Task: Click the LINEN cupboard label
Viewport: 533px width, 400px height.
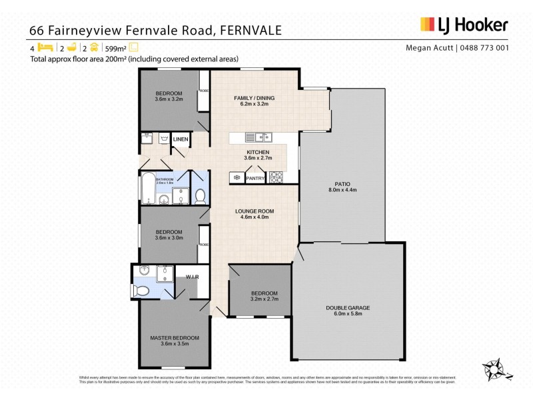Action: [x=181, y=139]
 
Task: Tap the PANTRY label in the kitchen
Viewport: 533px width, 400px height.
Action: [x=256, y=178]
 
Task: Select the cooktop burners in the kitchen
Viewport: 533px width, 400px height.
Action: [x=276, y=177]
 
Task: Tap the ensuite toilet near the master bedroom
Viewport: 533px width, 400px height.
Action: [x=141, y=291]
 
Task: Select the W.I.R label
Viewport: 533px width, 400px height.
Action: [x=193, y=277]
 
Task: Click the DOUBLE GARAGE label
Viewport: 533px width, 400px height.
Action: [x=348, y=307]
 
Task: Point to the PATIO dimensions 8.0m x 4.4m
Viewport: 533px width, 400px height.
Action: [x=342, y=190]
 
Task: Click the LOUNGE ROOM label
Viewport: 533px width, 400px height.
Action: [x=255, y=211]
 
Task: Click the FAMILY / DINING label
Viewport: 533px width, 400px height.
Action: [x=254, y=98]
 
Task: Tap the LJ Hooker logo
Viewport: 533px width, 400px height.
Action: [x=464, y=25]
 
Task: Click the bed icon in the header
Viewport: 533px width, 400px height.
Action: [x=45, y=47]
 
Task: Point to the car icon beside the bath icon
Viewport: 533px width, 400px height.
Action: [x=95, y=47]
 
